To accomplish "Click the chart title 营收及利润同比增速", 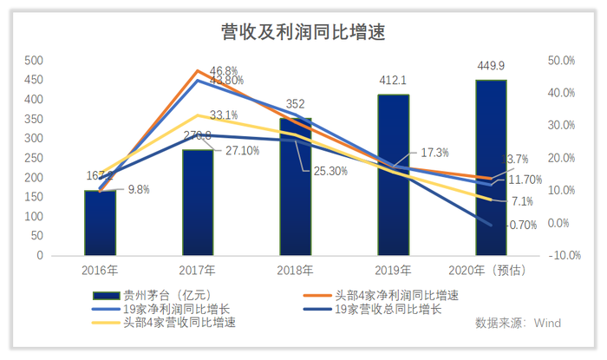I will [x=303, y=31].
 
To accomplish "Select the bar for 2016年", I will [x=100, y=223].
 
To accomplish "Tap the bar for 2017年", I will [x=198, y=203].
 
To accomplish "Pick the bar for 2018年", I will [x=295, y=187].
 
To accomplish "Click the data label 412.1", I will [x=393, y=81].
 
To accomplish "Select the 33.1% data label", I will [x=224, y=114].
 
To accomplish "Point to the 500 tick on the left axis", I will [x=34, y=61].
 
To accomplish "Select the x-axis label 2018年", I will [x=295, y=269].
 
